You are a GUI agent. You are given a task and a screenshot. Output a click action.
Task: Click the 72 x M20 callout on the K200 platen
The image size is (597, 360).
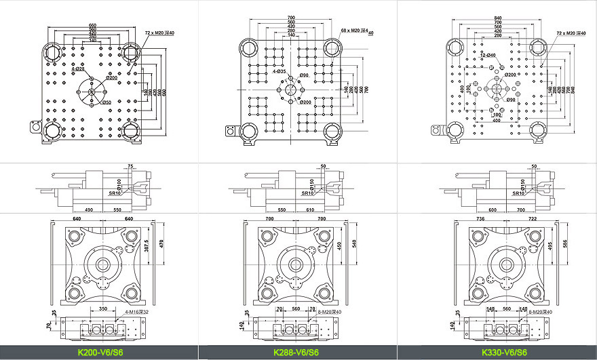click(x=160, y=33)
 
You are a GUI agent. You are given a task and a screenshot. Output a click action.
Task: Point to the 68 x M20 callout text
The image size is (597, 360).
click(x=357, y=31)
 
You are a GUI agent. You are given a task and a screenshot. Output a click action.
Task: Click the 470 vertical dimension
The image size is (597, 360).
click(x=162, y=243)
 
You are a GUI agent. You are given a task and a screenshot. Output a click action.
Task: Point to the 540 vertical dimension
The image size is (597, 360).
click(x=353, y=243)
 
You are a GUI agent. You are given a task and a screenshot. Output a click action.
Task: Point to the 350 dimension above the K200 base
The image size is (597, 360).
click(x=102, y=308)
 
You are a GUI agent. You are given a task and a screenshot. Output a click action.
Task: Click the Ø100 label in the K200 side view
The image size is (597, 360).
click(x=119, y=185)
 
